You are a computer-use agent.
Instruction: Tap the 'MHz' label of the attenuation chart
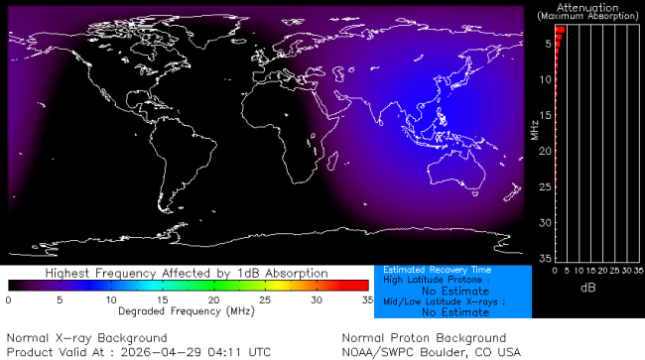point(534,129)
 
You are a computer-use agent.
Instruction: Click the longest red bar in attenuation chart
point(560,30)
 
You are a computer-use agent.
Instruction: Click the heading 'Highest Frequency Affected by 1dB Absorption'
point(188,273)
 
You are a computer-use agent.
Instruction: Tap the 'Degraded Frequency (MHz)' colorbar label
point(188,310)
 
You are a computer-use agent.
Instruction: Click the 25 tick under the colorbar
point(265,299)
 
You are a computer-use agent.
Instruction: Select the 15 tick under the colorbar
point(162,299)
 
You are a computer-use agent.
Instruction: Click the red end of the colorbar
point(363,286)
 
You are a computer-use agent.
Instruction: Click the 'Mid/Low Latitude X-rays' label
point(438,301)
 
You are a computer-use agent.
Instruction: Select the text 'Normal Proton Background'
point(424,338)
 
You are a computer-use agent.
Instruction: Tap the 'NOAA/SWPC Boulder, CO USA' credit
point(431,351)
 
